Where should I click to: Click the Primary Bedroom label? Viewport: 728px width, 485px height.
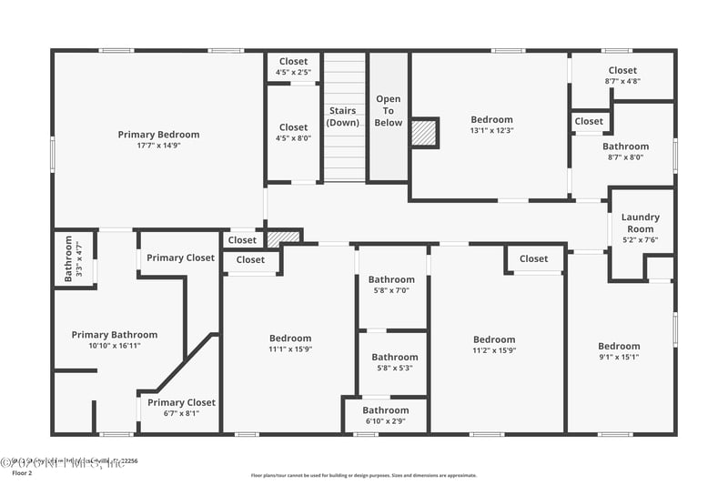(158, 135)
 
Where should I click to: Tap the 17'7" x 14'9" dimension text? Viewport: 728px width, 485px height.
(158, 146)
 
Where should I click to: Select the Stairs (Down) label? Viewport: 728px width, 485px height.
(344, 116)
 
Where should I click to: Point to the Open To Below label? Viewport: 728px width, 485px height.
(389, 110)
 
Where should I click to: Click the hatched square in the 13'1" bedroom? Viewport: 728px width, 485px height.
(424, 132)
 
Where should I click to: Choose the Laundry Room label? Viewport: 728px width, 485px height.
(641, 223)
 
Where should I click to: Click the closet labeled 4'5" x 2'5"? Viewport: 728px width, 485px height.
(293, 66)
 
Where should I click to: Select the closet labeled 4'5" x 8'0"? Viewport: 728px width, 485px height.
(293, 133)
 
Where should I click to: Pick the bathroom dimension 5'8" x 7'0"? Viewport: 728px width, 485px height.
(391, 291)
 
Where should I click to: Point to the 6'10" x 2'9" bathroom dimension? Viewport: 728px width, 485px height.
(386, 421)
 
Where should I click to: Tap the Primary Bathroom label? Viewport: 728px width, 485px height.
(115, 335)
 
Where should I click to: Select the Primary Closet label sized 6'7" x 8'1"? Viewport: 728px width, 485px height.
(181, 408)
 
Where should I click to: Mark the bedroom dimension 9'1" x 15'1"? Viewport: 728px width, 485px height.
(619, 357)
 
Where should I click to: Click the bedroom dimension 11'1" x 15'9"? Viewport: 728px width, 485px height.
(290, 349)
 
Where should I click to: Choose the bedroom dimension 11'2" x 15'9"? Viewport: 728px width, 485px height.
(494, 350)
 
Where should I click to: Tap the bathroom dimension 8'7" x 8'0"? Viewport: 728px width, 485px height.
(626, 157)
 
